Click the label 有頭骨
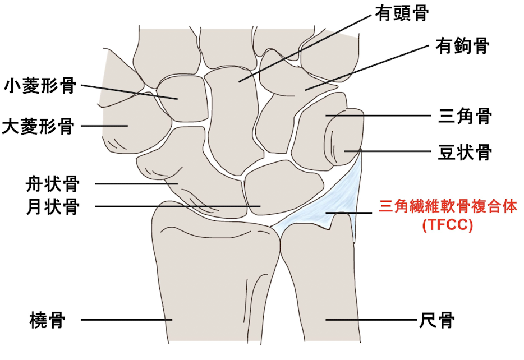point(401,13)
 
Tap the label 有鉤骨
point(462,46)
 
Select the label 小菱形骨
point(40,86)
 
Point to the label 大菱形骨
point(39,127)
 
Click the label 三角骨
point(465,116)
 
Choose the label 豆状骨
point(465,152)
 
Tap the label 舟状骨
point(53,184)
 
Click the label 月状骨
point(53,206)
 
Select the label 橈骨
point(47,320)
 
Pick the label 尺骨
point(437,320)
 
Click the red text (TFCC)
point(448,225)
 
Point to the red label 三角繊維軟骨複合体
point(448,206)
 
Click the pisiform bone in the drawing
point(344,137)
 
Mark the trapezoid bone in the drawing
point(182,99)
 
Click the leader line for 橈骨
point(127,320)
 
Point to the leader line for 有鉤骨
point(366,68)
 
